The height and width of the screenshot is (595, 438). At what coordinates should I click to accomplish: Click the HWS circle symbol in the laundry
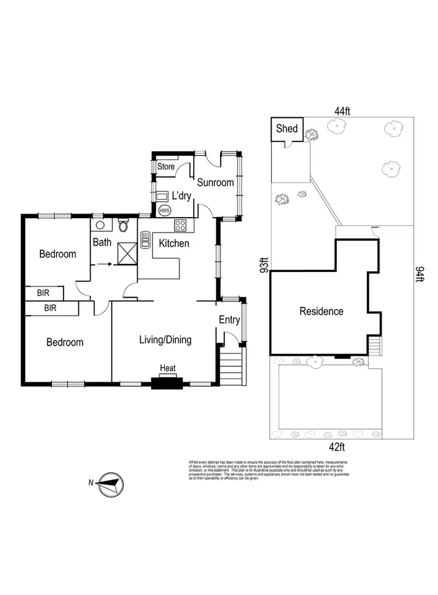(165, 210)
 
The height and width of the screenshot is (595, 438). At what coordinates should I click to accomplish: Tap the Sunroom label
(215, 183)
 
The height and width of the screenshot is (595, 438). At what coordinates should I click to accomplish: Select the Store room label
(166, 167)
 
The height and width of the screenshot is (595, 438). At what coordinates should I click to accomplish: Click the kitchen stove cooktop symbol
(180, 224)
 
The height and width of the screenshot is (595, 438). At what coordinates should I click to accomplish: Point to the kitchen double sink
(145, 240)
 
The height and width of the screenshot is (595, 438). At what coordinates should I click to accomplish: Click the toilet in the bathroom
(123, 225)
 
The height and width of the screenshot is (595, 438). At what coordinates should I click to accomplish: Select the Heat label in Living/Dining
(168, 368)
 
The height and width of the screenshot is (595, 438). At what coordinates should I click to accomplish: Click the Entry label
(230, 320)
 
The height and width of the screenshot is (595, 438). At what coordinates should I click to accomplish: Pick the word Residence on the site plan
(321, 311)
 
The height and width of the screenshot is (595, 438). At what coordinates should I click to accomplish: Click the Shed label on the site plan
(287, 129)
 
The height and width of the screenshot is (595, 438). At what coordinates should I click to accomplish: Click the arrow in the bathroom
(105, 264)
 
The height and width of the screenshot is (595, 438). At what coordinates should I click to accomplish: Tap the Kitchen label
(174, 243)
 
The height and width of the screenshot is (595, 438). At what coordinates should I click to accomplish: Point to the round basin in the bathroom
(100, 224)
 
